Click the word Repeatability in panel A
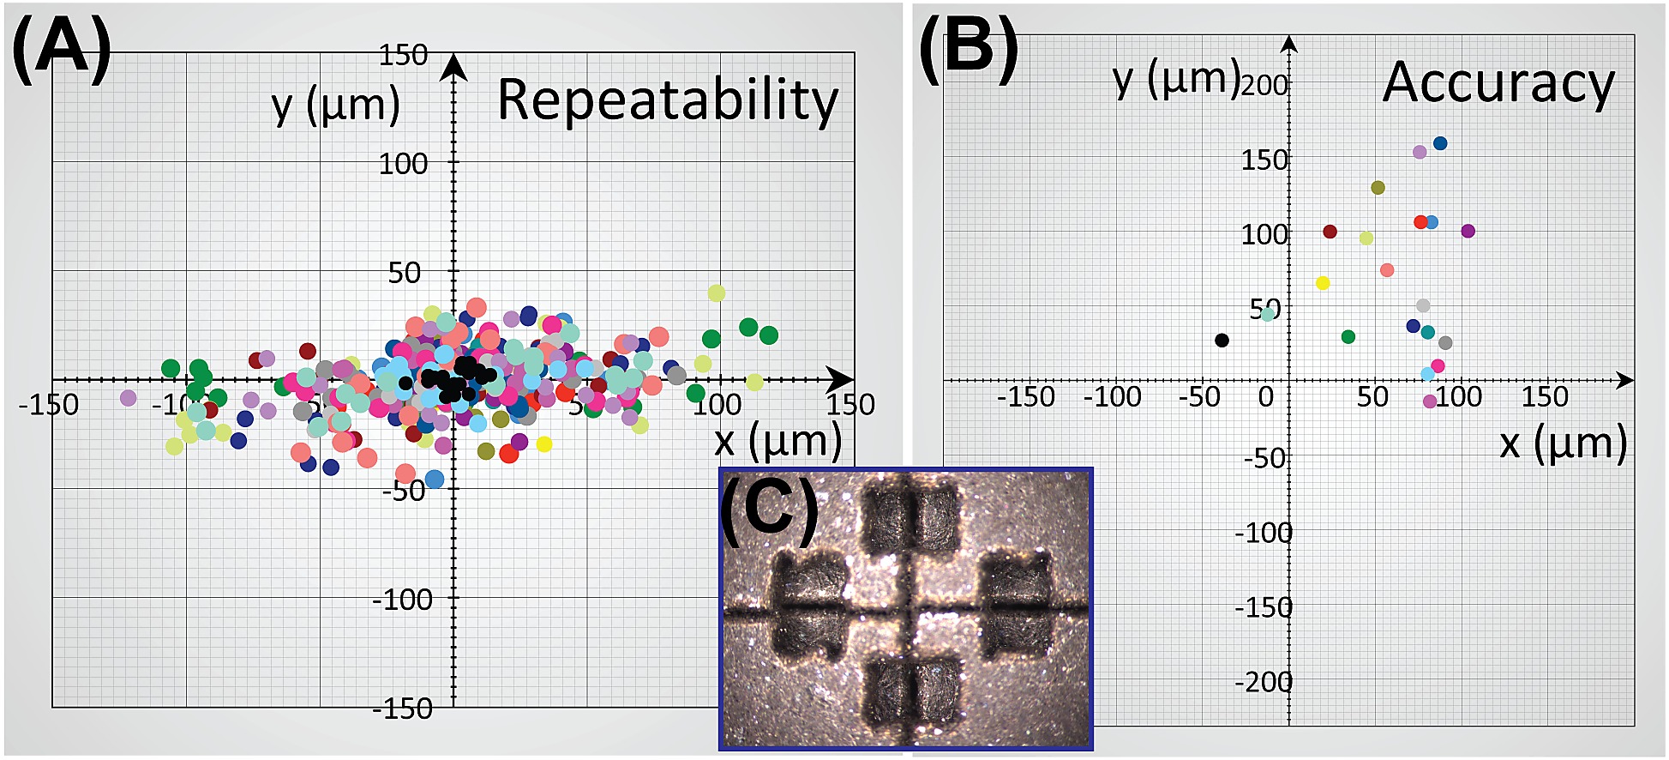pyautogui.click(x=667, y=101)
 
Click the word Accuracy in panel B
pyautogui.click(x=1498, y=83)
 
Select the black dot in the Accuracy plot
pyautogui.click(x=1222, y=341)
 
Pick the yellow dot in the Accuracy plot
pyautogui.click(x=1323, y=283)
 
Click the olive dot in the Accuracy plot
pyautogui.click(x=1378, y=188)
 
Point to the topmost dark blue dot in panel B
pyautogui.click(x=1440, y=143)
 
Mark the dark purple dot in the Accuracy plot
pyautogui.click(x=1468, y=231)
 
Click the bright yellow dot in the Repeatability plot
pyautogui.click(x=543, y=444)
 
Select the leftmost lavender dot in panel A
pyautogui.click(x=129, y=398)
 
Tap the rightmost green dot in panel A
pyautogui.click(x=769, y=335)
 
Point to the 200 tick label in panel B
pyautogui.click(x=1264, y=85)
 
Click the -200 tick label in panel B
pyautogui.click(x=1264, y=682)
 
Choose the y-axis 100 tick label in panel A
pyautogui.click(x=403, y=163)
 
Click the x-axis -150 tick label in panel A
pyautogui.click(x=49, y=405)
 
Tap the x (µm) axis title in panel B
pyautogui.click(x=1563, y=444)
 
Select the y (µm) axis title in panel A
pyautogui.click(x=335, y=106)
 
